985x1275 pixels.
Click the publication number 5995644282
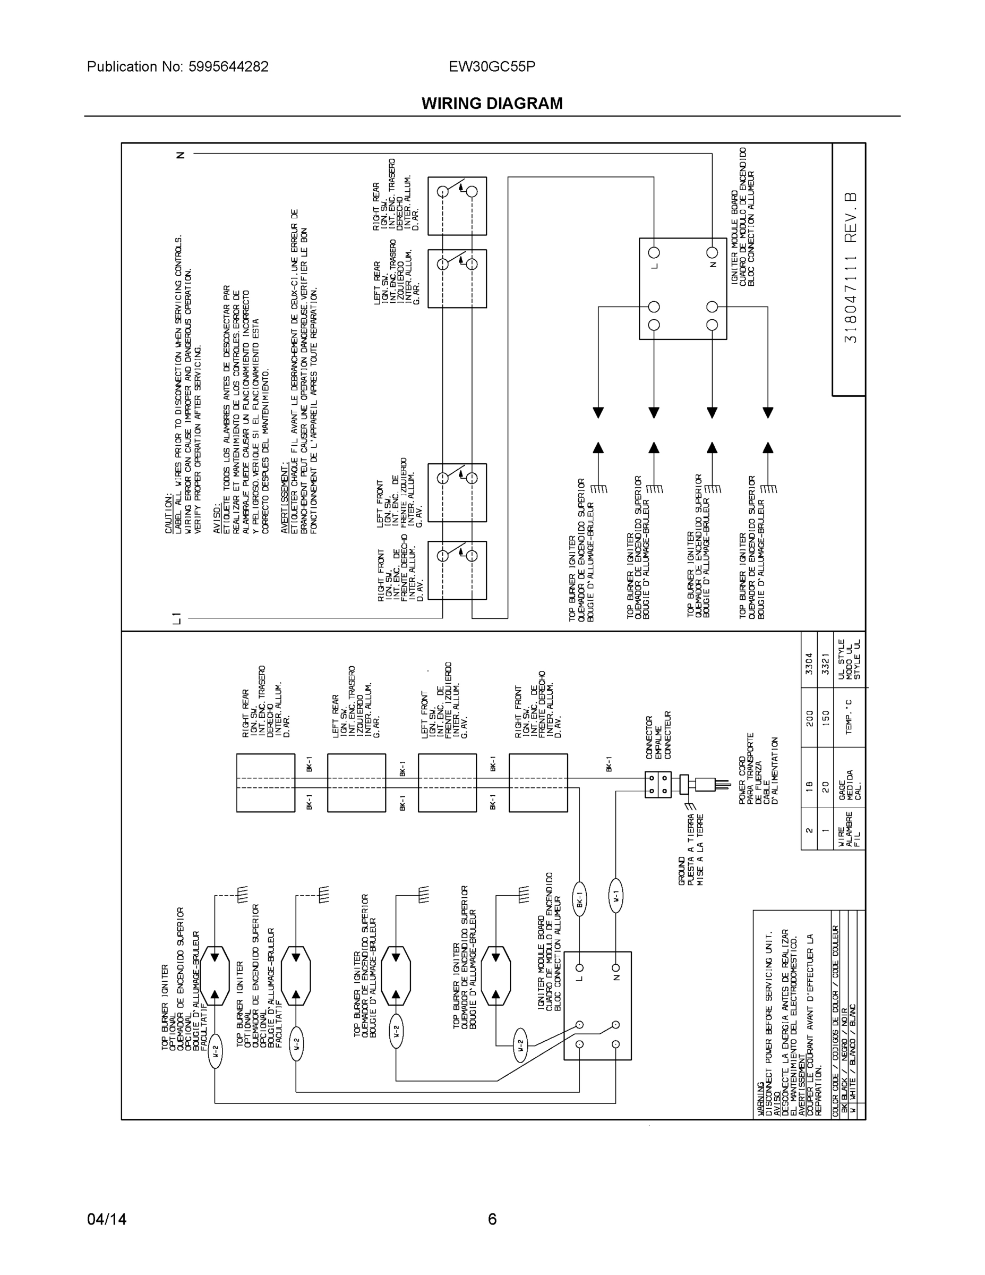(x=228, y=66)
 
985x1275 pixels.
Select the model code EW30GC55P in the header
(x=492, y=66)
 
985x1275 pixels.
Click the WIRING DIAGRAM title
(x=492, y=104)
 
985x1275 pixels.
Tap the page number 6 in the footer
(x=492, y=1219)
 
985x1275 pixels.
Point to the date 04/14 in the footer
(x=107, y=1219)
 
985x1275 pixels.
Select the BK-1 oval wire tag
(x=579, y=898)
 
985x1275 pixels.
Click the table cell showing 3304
(x=809, y=662)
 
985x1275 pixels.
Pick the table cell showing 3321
(x=825, y=662)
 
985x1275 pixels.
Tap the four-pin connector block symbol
(x=657, y=785)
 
